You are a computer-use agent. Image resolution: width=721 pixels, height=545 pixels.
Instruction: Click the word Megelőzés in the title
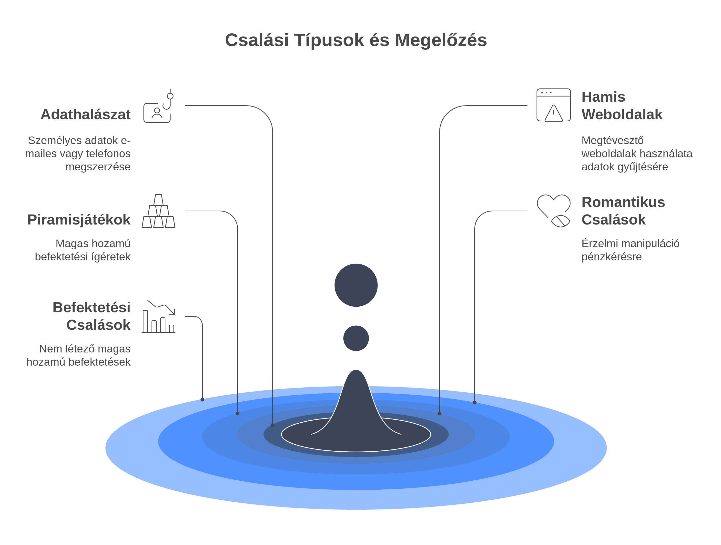(441, 40)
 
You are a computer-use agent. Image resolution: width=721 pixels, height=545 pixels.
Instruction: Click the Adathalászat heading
(86, 115)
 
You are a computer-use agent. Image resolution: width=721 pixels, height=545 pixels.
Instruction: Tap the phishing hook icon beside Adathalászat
(159, 107)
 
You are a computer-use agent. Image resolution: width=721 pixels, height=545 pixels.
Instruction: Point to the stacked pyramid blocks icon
(158, 211)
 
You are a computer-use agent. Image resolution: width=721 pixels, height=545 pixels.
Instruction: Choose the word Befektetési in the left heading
(91, 307)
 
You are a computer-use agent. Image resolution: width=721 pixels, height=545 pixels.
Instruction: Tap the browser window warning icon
(553, 105)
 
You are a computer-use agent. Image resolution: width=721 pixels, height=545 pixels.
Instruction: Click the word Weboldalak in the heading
(622, 115)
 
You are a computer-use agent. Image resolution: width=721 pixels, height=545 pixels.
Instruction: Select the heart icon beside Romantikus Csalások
(553, 210)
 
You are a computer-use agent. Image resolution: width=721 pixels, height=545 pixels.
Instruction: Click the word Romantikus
(623, 202)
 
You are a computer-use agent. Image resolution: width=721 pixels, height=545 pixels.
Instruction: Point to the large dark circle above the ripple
(356, 285)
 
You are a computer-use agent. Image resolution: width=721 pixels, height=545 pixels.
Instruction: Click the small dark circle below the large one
(356, 338)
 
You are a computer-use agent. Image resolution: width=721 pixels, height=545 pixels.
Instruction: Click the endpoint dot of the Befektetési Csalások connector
(203, 399)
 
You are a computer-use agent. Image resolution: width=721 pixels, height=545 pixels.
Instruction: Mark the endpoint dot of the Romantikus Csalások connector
(475, 402)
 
